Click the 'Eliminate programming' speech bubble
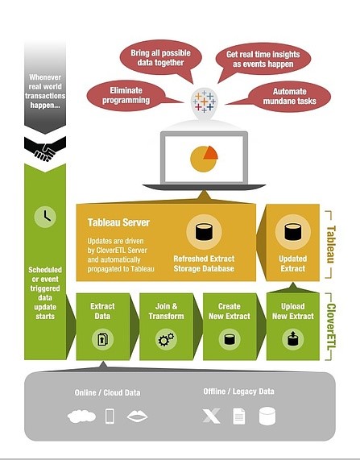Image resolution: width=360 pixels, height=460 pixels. (x=126, y=96)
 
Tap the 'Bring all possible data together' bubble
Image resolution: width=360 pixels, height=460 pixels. (x=160, y=58)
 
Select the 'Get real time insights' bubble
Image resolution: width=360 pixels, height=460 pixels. (x=263, y=59)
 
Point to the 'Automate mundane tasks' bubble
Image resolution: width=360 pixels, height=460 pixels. (x=290, y=97)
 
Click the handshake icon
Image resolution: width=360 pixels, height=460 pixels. (x=45, y=149)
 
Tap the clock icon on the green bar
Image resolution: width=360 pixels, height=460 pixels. (x=45, y=217)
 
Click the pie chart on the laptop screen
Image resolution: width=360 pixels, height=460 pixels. (x=204, y=159)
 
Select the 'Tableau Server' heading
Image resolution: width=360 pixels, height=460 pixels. (x=118, y=222)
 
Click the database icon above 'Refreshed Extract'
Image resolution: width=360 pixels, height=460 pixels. (x=204, y=232)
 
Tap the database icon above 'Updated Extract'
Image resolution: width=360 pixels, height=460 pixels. (x=293, y=232)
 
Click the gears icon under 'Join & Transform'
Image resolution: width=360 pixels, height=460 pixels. (x=166, y=339)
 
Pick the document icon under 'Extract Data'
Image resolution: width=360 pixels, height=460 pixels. (x=102, y=339)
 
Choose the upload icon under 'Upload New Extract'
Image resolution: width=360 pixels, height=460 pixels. (x=293, y=339)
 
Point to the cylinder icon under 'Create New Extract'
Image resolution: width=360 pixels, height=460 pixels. (x=230, y=339)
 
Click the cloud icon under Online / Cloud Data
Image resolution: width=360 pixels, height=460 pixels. (x=81, y=416)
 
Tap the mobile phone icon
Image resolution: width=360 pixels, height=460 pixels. (x=110, y=416)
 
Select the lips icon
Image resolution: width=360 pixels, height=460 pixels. (x=137, y=416)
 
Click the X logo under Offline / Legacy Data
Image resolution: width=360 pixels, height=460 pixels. (x=211, y=416)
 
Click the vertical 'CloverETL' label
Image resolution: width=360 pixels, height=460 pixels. (x=331, y=326)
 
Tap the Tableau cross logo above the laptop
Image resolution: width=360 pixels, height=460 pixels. (x=205, y=102)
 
